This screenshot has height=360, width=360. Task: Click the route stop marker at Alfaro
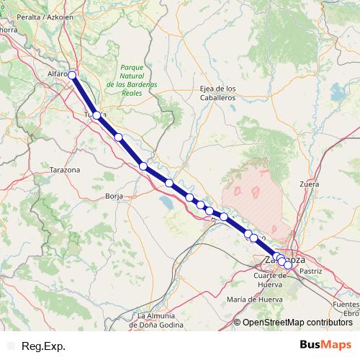72,74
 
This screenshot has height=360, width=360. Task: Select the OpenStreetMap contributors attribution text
297,322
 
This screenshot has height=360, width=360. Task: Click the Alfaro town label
56,73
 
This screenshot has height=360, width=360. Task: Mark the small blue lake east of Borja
166,204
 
